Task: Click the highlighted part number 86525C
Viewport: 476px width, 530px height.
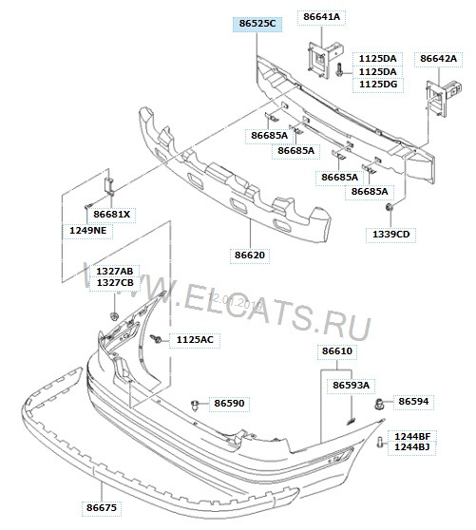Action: [257, 24]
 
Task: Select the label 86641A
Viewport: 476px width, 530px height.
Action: [321, 16]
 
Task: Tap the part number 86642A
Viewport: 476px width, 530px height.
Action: [439, 59]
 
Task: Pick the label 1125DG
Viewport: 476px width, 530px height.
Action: [378, 85]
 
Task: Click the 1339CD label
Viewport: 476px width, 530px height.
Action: [390, 235]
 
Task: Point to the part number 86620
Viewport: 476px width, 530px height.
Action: [250, 255]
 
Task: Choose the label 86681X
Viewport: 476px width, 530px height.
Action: [111, 215]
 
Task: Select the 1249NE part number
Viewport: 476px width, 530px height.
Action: [88, 231]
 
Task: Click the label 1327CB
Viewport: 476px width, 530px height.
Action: [115, 283]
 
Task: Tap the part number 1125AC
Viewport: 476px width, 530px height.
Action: [195, 339]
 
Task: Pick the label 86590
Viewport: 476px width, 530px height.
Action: [229, 404]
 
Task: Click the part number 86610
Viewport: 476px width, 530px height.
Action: [337, 350]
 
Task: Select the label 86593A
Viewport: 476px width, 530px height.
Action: [352, 386]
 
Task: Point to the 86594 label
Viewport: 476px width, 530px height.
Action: [413, 402]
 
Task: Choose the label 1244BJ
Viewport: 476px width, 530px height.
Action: [412, 447]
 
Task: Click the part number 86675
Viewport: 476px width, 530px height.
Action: [102, 508]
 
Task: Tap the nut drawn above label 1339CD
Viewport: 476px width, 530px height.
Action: [390, 207]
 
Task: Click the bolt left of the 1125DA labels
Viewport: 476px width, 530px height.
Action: [339, 70]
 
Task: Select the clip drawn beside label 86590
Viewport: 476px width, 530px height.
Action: [195, 405]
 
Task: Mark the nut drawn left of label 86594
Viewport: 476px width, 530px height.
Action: [380, 404]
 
